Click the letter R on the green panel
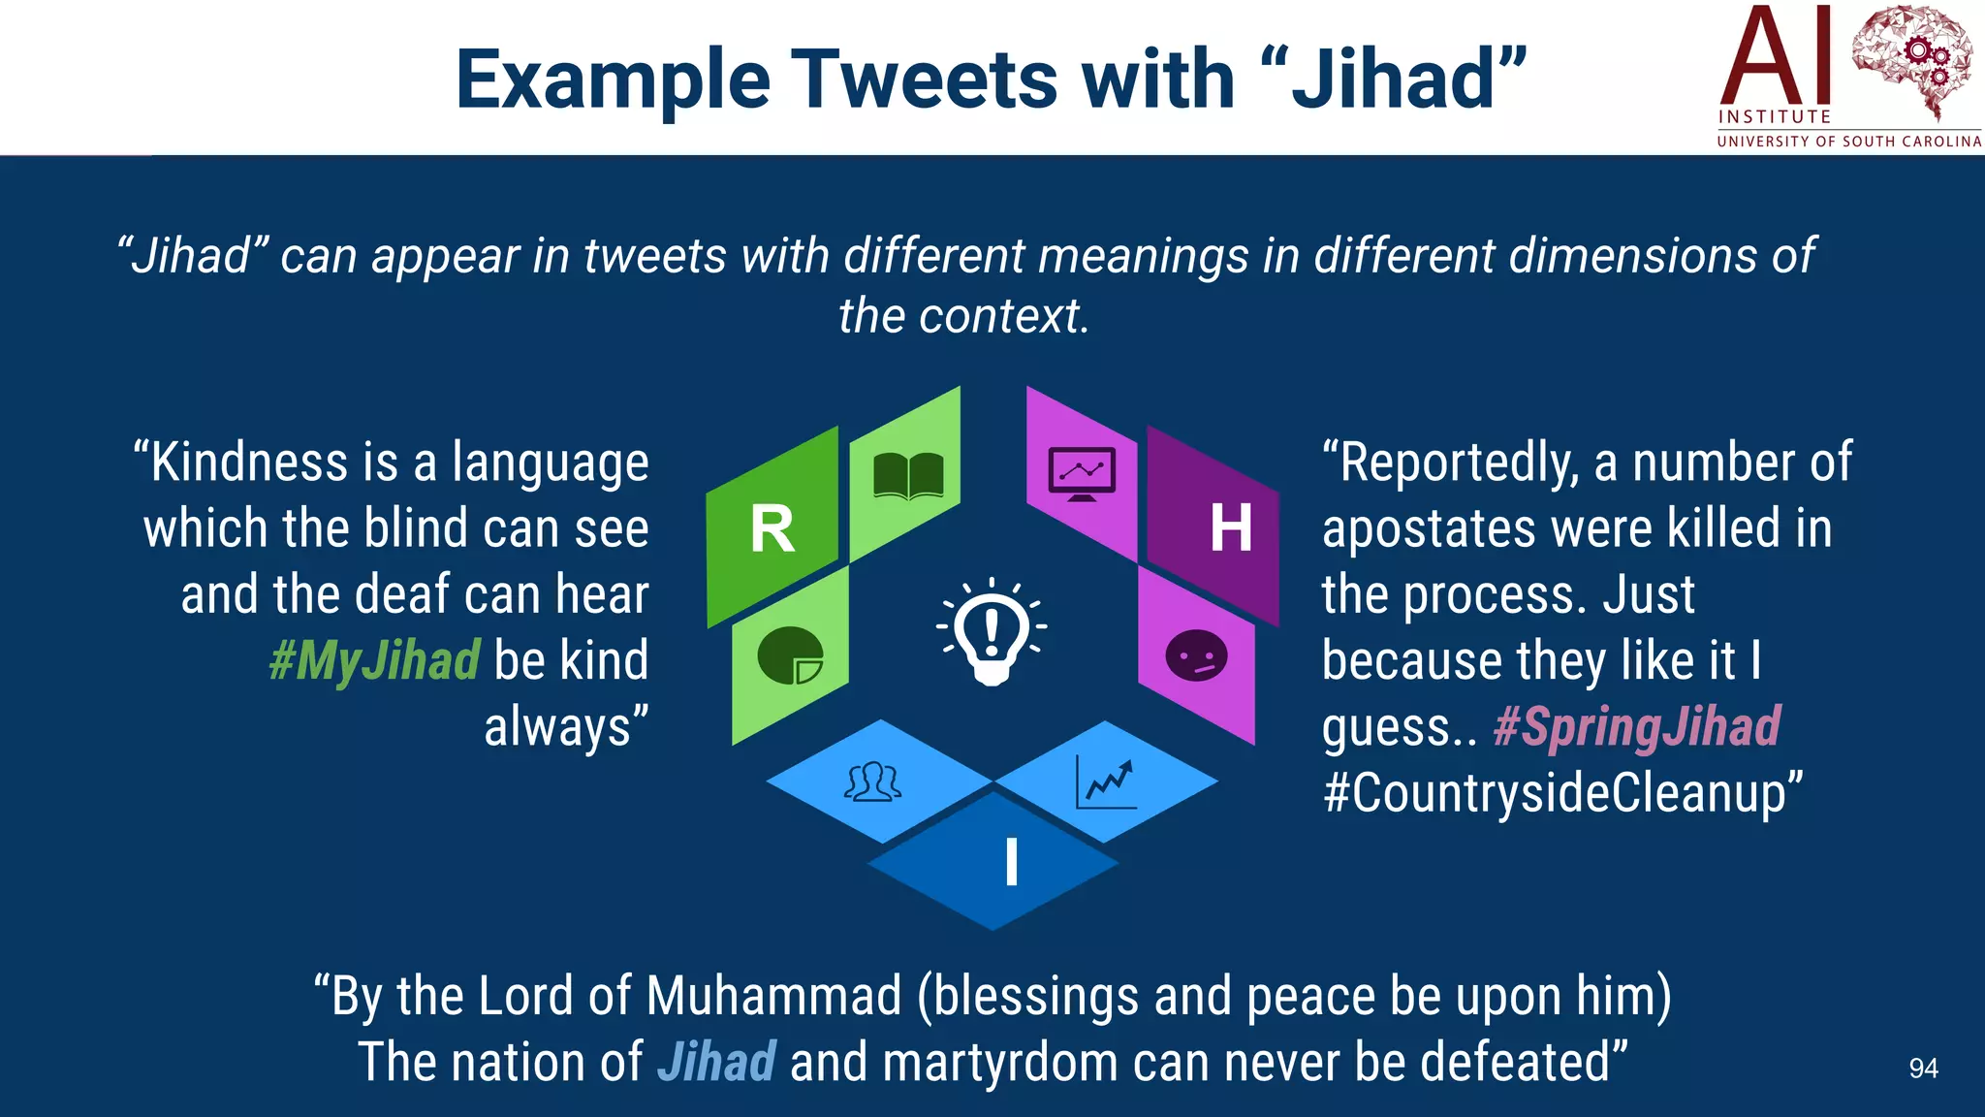772,529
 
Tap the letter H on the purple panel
1230,529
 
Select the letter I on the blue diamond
1011,862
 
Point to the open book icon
908,476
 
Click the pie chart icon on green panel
790,655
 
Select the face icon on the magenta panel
1196,656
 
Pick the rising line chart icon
1106,782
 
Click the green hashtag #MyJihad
374,661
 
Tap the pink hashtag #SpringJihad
1636,727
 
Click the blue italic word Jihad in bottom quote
716,1062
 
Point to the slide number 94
1923,1069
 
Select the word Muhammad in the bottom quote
773,997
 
